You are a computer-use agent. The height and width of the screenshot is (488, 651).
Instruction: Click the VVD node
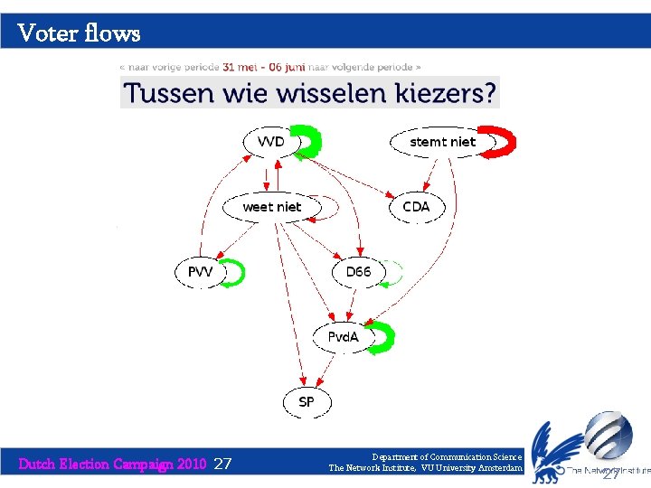tap(270, 142)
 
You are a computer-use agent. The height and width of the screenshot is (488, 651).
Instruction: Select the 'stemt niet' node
tap(442, 142)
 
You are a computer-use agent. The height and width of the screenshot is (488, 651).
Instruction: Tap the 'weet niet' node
tap(271, 207)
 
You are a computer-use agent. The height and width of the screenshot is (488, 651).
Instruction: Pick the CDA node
tap(416, 207)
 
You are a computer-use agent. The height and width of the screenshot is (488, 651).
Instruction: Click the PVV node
tap(200, 271)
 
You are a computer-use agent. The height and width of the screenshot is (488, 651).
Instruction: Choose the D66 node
tap(358, 271)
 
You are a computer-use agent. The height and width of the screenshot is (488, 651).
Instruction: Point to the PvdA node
tap(343, 337)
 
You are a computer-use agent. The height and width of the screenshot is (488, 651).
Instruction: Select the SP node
tap(307, 401)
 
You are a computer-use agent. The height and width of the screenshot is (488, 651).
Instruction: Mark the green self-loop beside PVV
tap(238, 272)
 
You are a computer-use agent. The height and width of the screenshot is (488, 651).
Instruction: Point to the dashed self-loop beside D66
tap(394, 273)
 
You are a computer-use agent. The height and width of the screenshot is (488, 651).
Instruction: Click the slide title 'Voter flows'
tap(79, 33)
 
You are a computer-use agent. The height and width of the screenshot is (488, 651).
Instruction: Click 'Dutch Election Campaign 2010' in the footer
tap(113, 465)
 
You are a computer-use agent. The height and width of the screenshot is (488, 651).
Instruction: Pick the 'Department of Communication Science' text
tap(448, 457)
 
